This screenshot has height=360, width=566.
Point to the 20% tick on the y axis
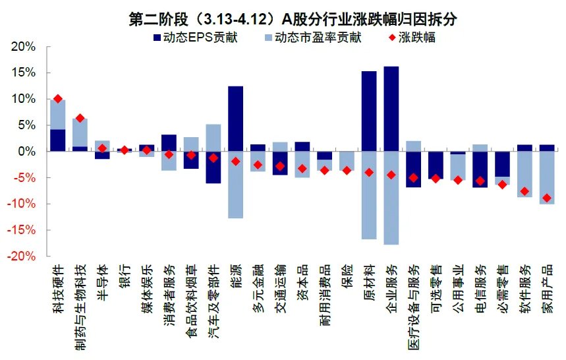(x=24, y=47)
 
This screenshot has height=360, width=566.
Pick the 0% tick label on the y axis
(x=26, y=152)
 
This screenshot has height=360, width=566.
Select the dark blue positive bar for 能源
(x=235, y=119)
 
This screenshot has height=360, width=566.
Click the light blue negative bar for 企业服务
(x=391, y=198)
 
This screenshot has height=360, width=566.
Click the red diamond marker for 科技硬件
(x=58, y=99)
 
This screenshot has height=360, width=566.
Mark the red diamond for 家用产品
(x=546, y=198)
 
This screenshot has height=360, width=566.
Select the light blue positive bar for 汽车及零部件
(x=213, y=138)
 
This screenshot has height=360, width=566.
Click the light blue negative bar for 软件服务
(x=524, y=174)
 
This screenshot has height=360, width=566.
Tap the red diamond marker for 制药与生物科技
(x=80, y=118)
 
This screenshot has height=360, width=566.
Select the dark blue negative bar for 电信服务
(x=480, y=169)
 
